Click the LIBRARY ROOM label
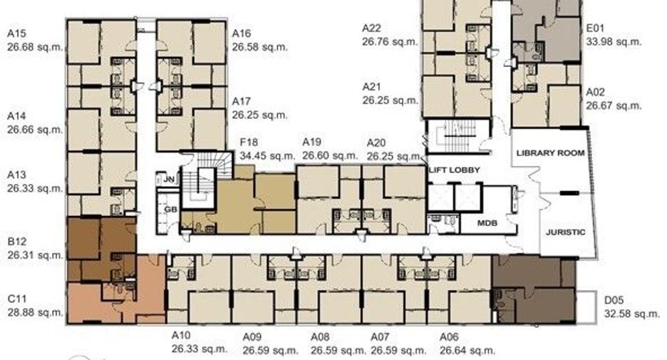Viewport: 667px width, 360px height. (x=550, y=153)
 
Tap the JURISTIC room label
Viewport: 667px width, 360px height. (x=565, y=232)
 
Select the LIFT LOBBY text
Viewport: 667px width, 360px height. (x=455, y=170)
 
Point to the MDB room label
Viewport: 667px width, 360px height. (x=487, y=223)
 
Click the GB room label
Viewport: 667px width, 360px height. (x=170, y=210)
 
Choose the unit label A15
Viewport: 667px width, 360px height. (x=16, y=34)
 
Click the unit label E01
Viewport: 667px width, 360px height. (x=595, y=28)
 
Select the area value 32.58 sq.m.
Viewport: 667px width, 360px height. (x=632, y=314)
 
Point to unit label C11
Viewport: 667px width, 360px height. (x=17, y=299)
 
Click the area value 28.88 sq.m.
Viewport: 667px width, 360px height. (x=36, y=312)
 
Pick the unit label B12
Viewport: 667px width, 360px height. (x=17, y=242)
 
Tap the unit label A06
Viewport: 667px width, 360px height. (x=449, y=337)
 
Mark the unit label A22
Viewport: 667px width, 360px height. (x=371, y=28)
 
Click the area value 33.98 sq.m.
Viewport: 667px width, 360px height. (x=614, y=41)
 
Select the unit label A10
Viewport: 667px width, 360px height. (x=181, y=335)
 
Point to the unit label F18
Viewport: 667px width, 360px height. (x=249, y=142)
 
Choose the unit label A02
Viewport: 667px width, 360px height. (x=596, y=92)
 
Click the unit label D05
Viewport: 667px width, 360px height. (x=614, y=300)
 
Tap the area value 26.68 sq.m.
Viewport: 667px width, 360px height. (x=35, y=47)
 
